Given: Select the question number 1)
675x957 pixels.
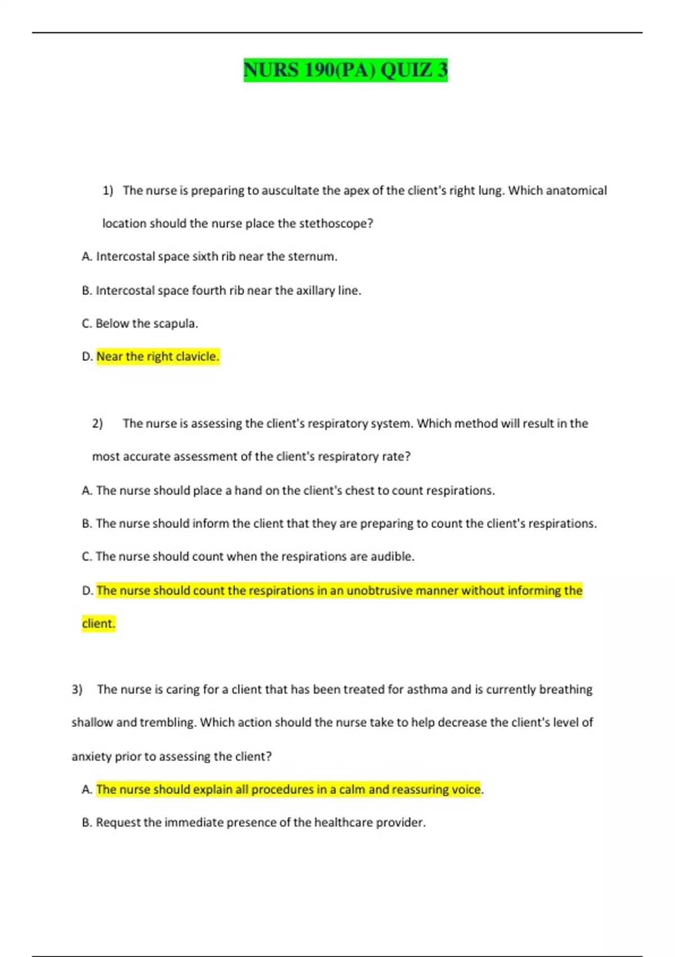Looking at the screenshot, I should pos(107,191).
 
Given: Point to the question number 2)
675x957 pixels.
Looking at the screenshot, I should pos(97,423).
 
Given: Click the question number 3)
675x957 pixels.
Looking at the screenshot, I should pos(77,690).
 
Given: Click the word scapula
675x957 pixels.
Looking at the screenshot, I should pos(178,324).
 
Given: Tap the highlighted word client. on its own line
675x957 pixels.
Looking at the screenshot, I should pos(98,624).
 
